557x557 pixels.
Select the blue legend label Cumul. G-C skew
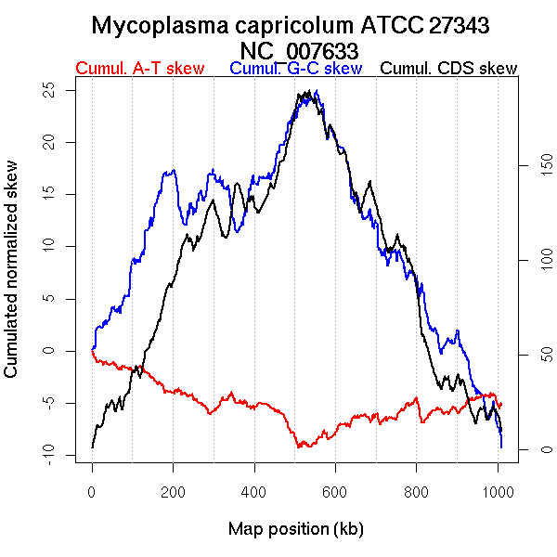[x=295, y=69]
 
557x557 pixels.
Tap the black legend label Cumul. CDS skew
[x=449, y=69]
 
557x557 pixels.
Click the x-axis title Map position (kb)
[x=295, y=529]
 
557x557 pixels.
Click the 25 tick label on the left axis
[x=50, y=89]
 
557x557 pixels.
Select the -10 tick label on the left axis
[x=50, y=454]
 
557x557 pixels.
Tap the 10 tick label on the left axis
[x=50, y=246]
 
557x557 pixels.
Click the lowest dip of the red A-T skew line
[x=300, y=447]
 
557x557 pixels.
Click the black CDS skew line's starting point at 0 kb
[x=92, y=447]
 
